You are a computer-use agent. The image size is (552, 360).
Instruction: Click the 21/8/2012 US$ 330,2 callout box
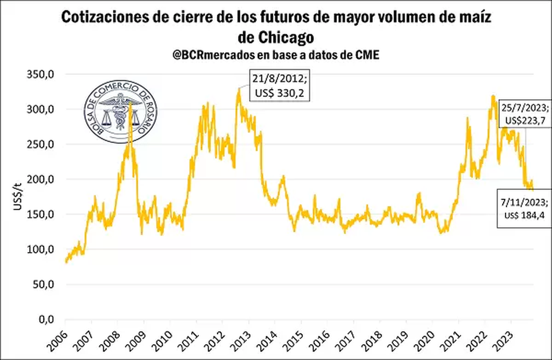[278, 86]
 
